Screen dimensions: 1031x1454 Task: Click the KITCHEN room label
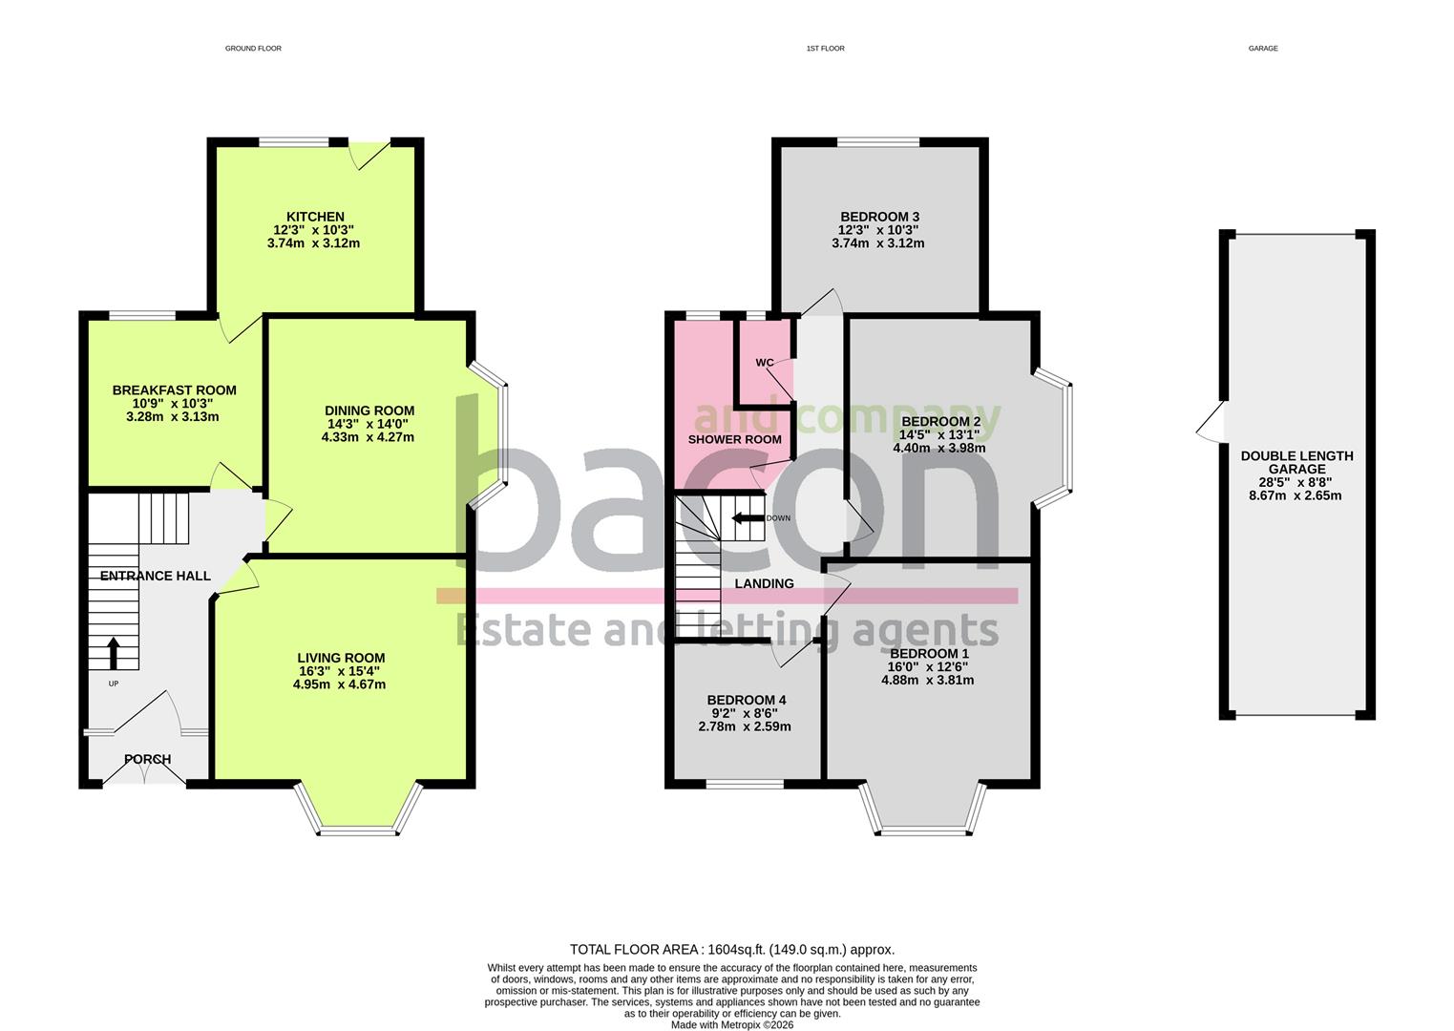[314, 217]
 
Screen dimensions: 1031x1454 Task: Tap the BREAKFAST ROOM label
[174, 390]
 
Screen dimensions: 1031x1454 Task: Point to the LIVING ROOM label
[341, 658]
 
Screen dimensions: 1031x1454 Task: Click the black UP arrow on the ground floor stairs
[113, 653]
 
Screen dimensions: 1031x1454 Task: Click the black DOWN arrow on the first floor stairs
[748, 518]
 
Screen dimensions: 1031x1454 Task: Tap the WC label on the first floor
[765, 363]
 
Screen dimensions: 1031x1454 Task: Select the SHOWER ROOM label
[734, 440]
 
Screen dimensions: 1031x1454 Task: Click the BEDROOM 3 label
[878, 217]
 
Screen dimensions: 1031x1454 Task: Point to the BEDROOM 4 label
[746, 701]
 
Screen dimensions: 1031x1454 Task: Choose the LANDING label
[764, 584]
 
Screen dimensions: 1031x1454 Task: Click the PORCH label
[147, 760]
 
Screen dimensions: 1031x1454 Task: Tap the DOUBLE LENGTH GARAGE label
[1296, 462]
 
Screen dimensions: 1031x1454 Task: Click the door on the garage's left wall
[1211, 423]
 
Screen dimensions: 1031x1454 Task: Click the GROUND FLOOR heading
[253, 48]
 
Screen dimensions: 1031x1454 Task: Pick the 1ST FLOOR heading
[825, 48]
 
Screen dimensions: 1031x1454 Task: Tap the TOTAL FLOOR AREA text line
[731, 950]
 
